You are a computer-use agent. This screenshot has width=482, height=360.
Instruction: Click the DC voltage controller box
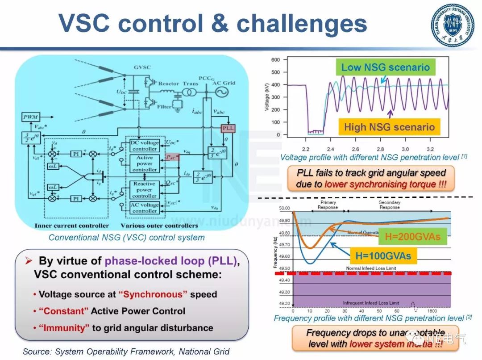point(144,146)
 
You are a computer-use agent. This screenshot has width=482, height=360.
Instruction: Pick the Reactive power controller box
point(144,190)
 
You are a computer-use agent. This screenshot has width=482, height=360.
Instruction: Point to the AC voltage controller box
point(144,208)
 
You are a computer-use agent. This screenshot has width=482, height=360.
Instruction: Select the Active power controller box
point(144,163)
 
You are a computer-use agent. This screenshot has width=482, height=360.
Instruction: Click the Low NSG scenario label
point(385,68)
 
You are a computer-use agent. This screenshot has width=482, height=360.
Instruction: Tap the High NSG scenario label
point(389,127)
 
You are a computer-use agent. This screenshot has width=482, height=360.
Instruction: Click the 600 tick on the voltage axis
point(275,60)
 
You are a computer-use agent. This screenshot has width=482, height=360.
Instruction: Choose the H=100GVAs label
point(383,256)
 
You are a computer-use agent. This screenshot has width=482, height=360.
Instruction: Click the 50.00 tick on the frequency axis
point(284,209)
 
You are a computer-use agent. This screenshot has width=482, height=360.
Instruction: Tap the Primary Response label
point(328,205)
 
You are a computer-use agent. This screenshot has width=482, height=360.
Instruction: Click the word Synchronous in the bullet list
point(152,294)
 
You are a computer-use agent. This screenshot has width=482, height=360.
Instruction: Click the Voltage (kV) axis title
point(267,97)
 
